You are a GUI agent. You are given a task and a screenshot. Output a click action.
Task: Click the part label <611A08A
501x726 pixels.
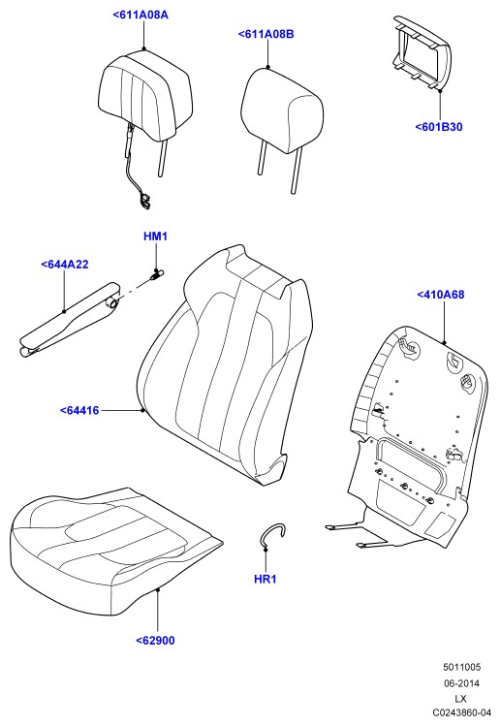pos(141,15)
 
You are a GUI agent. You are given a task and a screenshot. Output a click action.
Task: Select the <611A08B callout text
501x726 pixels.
pos(266,34)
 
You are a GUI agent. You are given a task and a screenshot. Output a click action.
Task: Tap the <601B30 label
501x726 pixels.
pos(438,127)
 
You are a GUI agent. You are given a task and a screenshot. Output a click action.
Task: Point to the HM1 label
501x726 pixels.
pos(155,237)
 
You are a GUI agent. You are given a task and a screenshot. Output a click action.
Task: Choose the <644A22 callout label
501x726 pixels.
pos(65,265)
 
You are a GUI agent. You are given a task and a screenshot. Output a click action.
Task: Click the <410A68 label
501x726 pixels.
pos(440,295)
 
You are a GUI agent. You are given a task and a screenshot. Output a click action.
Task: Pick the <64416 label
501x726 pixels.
pos(79,410)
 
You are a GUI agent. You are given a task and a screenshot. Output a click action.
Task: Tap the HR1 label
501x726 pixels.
pos(266,579)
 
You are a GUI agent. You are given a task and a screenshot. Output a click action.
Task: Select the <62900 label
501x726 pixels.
pos(156,641)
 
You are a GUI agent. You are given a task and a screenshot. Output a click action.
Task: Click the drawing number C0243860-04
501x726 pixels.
pos(461,712)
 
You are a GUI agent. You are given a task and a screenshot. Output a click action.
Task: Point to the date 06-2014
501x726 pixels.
pos(461,683)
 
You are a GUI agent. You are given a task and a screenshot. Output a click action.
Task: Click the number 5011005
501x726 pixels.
pos(461,667)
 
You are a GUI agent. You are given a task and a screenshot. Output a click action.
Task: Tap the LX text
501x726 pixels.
pos(460,698)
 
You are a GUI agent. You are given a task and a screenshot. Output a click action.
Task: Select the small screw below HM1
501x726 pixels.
pos(156,274)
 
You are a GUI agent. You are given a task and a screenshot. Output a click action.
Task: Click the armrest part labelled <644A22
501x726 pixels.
pos(70,320)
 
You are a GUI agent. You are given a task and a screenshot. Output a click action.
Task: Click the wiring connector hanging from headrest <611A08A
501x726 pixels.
pos(144,201)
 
